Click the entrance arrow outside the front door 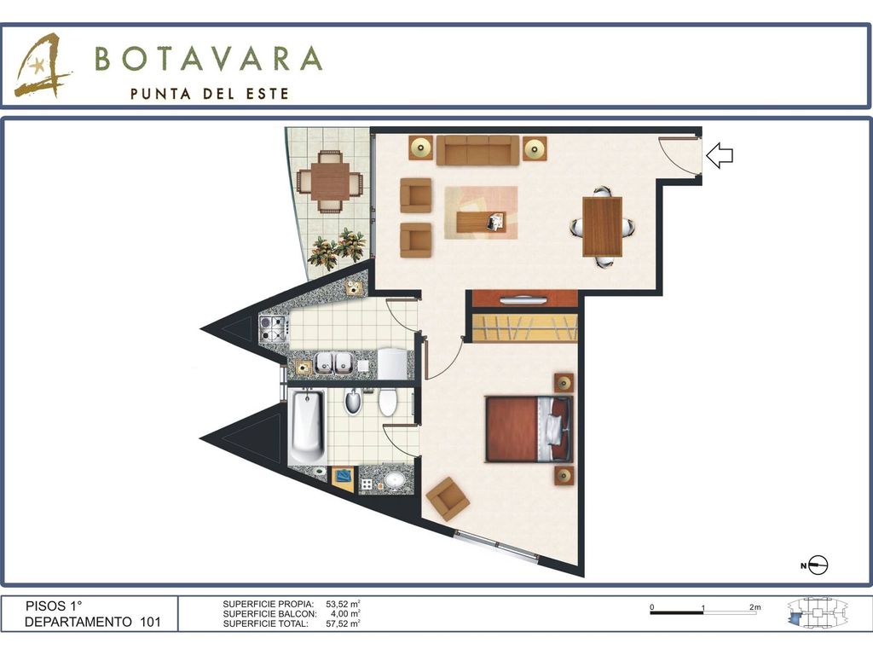pos(720,155)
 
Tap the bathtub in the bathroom pos(307,427)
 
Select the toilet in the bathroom pos(388,403)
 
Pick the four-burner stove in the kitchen pos(274,328)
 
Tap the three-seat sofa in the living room pos(477,150)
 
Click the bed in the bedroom pos(529,428)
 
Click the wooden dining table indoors pos(603,227)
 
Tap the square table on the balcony pos(330,182)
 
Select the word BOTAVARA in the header pos(209,58)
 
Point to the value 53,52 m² pos(343,604)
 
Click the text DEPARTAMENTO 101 pos(93,622)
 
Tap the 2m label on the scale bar pos(755,607)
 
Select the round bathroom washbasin pos(395,479)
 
